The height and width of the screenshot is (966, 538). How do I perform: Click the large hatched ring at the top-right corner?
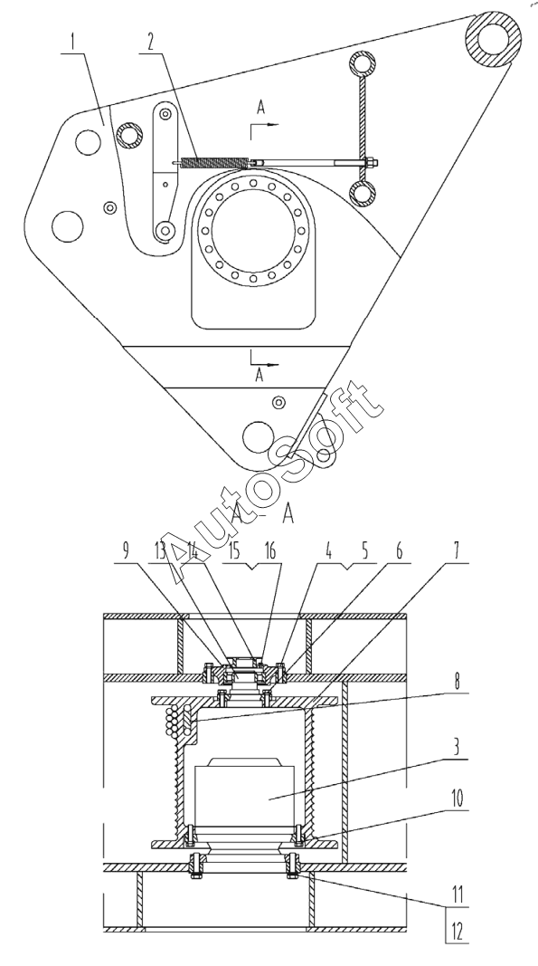coord(494,39)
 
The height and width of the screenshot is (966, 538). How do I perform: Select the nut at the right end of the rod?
coord(372,163)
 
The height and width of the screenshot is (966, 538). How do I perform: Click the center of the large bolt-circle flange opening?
coord(253,229)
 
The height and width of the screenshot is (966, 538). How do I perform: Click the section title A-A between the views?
coord(262,514)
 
